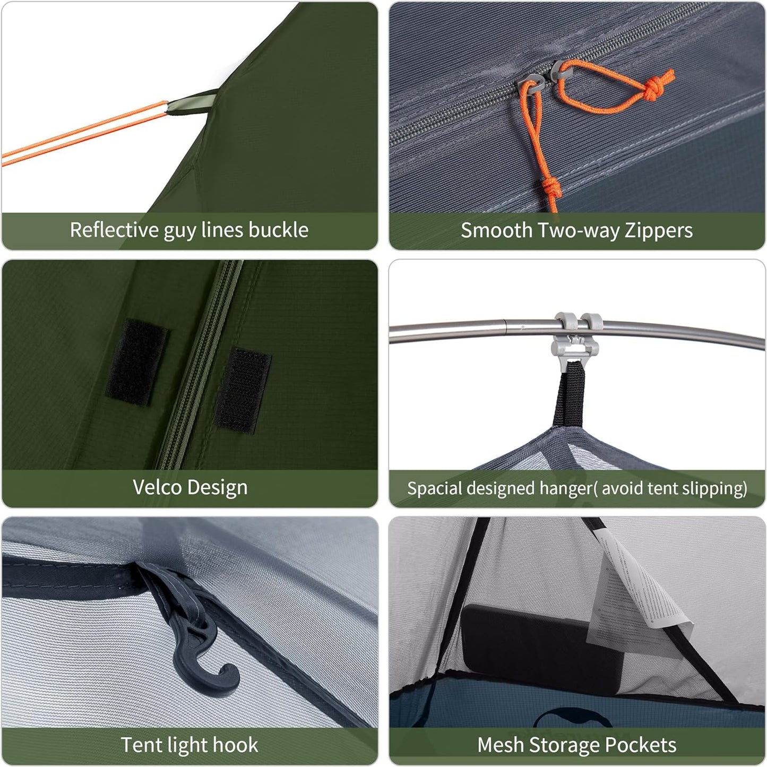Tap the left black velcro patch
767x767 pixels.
click(x=136, y=362)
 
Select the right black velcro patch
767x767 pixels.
click(x=242, y=389)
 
